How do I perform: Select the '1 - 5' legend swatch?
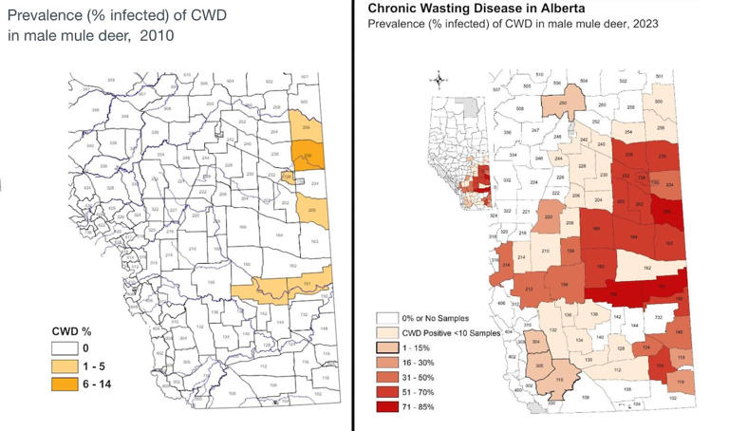pos(65,364)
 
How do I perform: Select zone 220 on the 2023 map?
pos(549,217)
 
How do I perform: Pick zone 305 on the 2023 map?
pos(539,365)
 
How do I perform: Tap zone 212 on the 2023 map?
pos(528,288)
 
